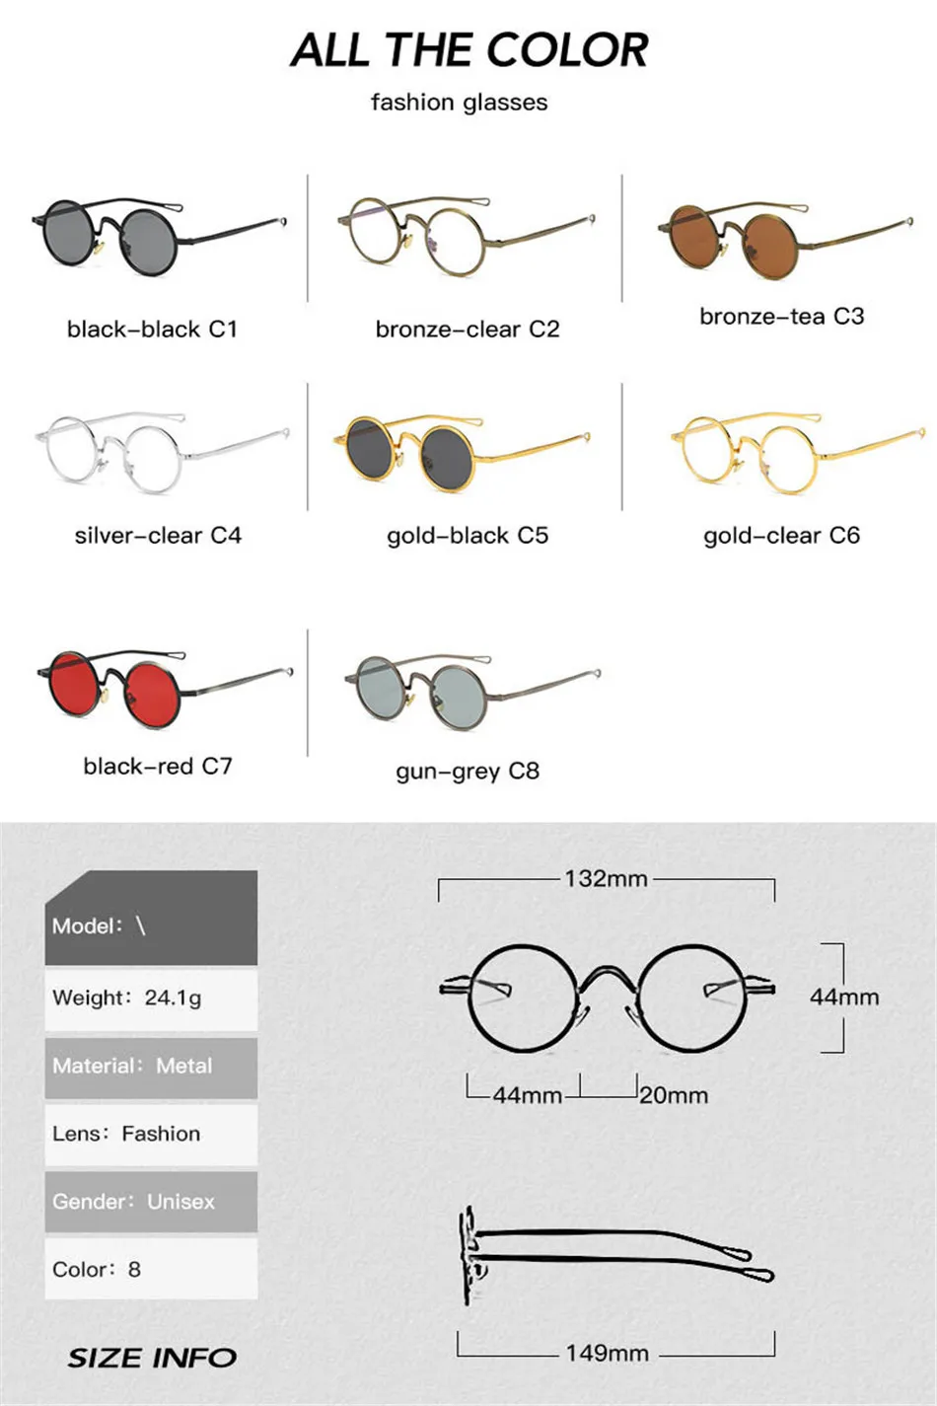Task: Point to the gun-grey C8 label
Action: tap(468, 771)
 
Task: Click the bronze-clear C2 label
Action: tap(468, 329)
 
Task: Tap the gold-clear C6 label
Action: tap(781, 536)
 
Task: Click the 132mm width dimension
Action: tap(606, 878)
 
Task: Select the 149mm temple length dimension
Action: tap(607, 1353)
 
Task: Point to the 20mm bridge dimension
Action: tap(674, 1095)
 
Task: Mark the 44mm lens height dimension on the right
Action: tap(844, 997)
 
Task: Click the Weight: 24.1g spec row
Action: tap(151, 998)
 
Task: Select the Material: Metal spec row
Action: tap(151, 1066)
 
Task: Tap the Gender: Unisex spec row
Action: tap(151, 1202)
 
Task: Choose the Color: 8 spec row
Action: tap(151, 1269)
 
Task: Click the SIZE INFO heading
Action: tap(152, 1358)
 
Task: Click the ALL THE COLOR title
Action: tap(469, 50)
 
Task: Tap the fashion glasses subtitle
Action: tap(459, 103)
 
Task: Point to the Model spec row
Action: tap(151, 925)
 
